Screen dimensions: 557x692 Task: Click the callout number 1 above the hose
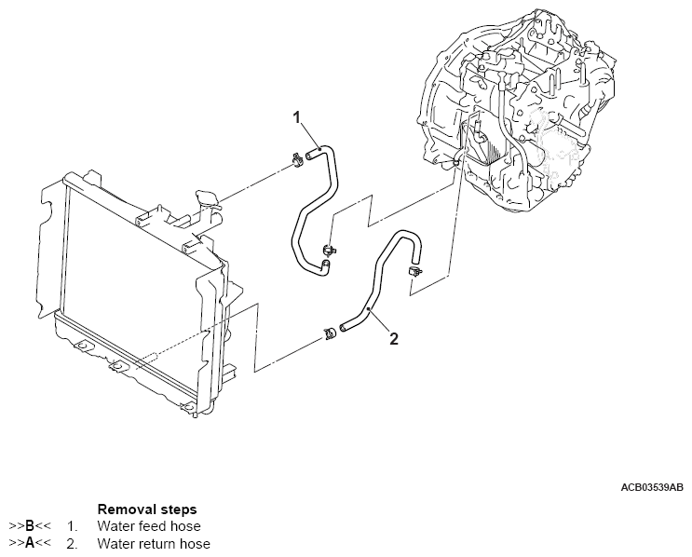(x=297, y=117)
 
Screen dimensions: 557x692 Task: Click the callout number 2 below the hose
(x=393, y=339)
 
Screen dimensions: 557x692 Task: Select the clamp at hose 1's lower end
(x=328, y=250)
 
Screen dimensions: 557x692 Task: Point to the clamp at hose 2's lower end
(x=329, y=332)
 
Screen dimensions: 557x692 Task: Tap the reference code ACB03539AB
(x=651, y=487)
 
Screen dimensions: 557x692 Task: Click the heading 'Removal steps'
(x=146, y=509)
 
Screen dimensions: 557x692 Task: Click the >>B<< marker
(x=29, y=526)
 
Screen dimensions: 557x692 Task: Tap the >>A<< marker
(x=29, y=543)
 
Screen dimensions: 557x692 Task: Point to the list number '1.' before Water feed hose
(x=72, y=526)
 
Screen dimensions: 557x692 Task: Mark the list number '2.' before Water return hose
(x=72, y=543)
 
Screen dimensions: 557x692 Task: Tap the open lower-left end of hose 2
(x=343, y=326)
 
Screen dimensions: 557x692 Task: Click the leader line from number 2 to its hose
(x=379, y=319)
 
